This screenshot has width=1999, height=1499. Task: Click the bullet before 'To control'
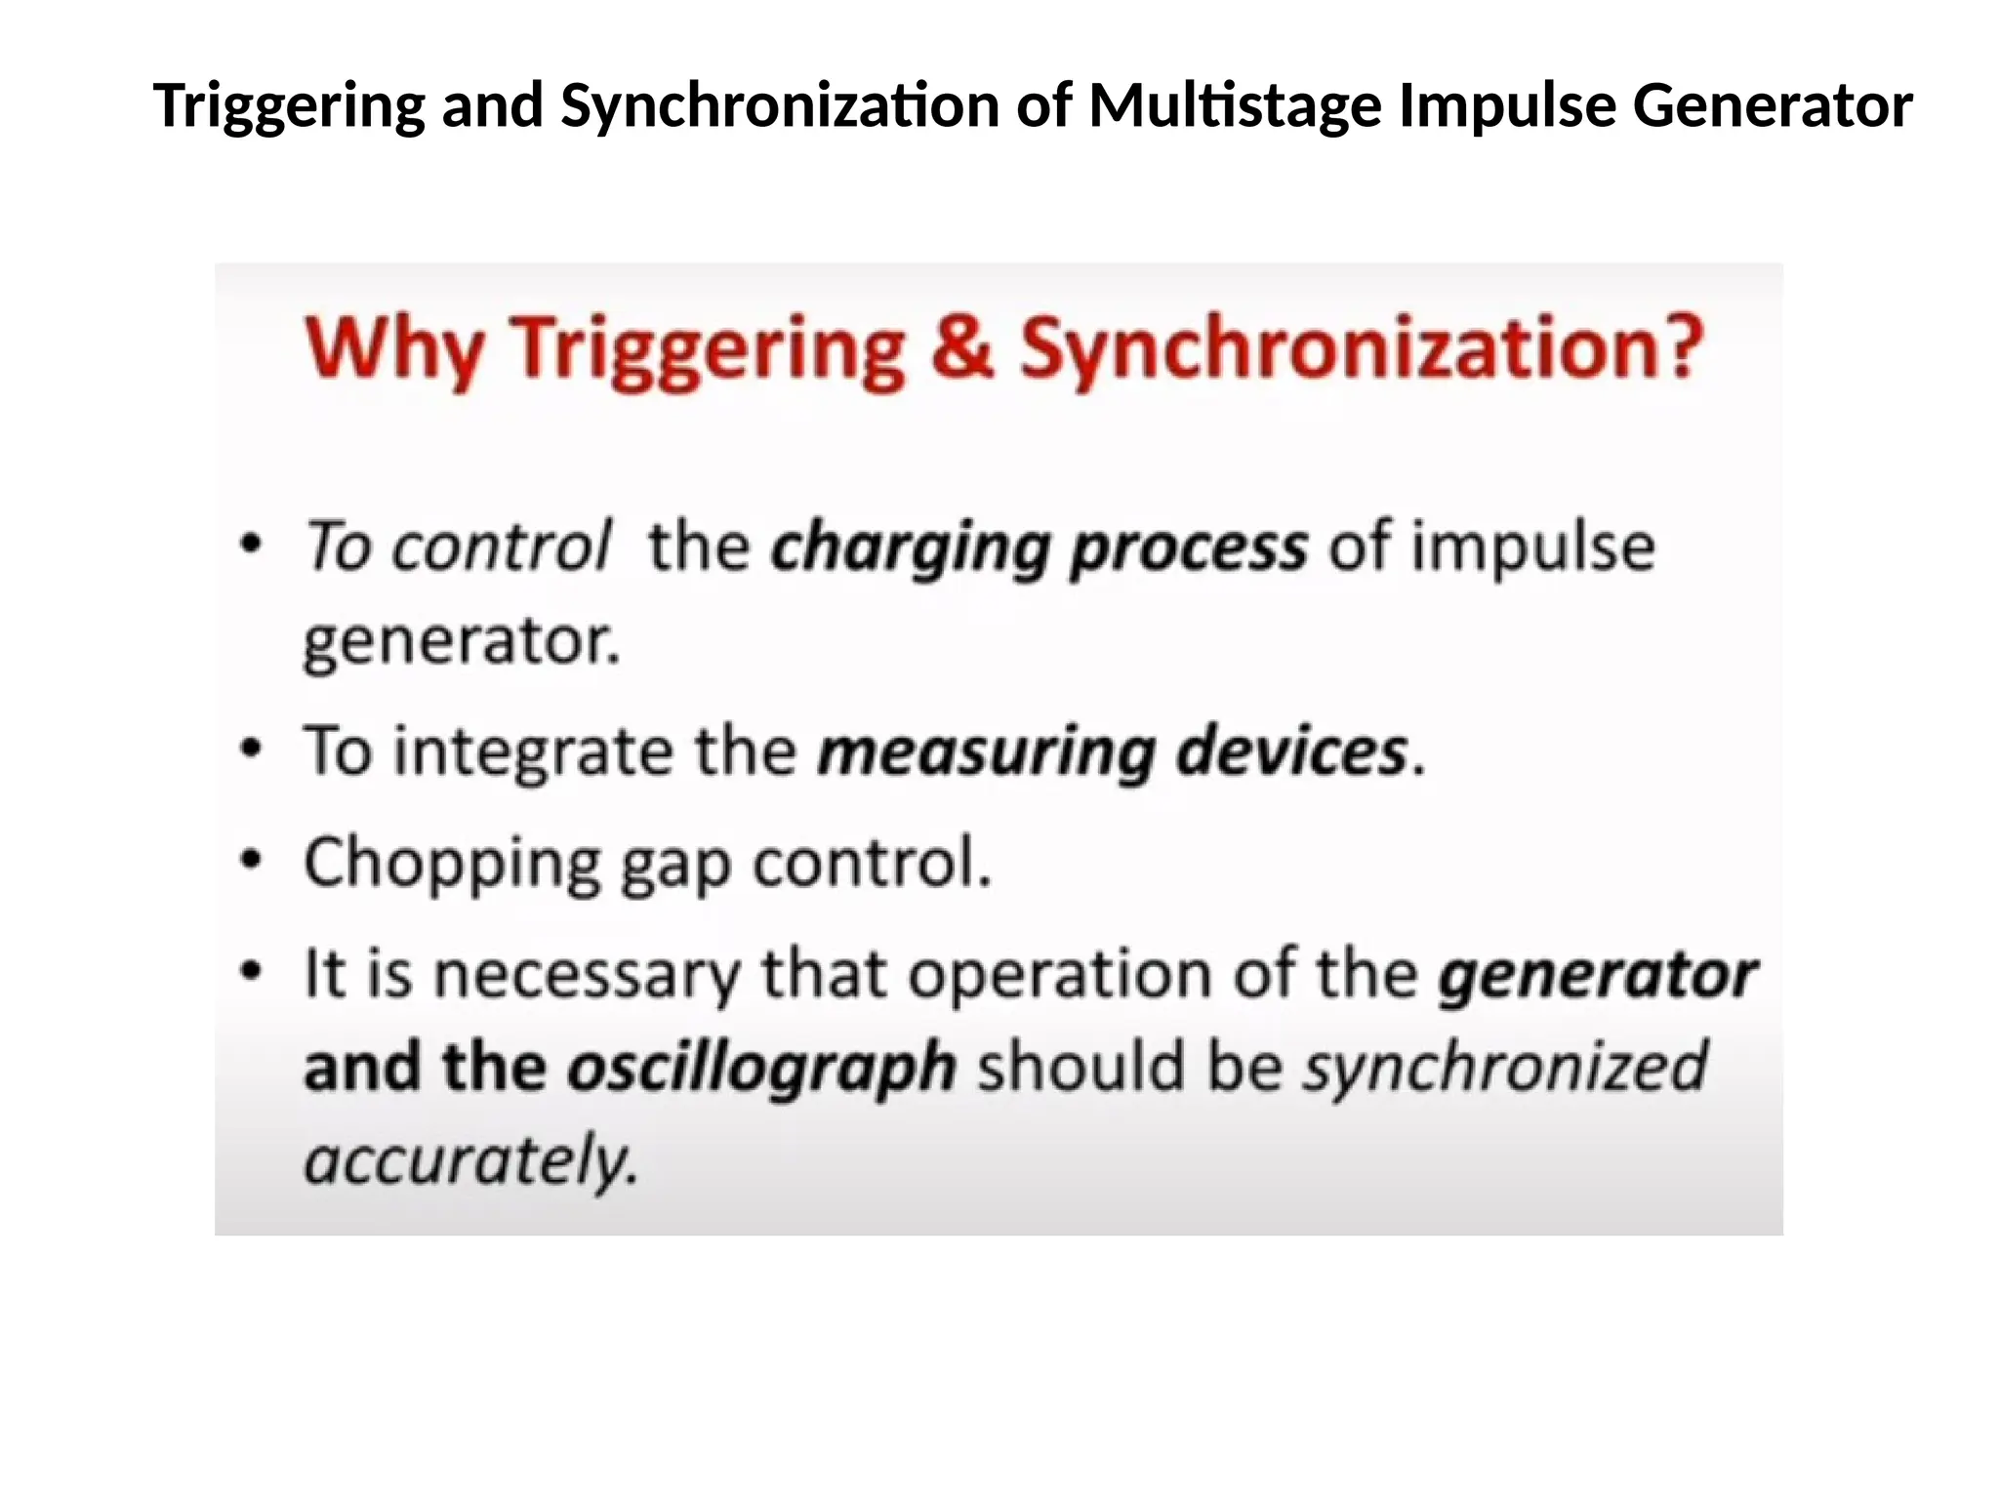[252, 544]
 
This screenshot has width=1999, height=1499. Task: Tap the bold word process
[1189, 547]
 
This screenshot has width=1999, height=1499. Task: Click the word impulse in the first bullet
[1533, 546]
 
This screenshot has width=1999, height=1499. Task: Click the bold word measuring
[986, 752]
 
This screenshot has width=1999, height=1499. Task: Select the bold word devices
[1292, 751]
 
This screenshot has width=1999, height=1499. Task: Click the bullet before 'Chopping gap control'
[252, 860]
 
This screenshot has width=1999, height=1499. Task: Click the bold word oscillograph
[762, 1068]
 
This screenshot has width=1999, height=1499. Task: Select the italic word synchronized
[1506, 1066]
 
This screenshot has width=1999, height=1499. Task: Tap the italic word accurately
[470, 1160]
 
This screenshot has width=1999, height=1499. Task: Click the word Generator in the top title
[1772, 105]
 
